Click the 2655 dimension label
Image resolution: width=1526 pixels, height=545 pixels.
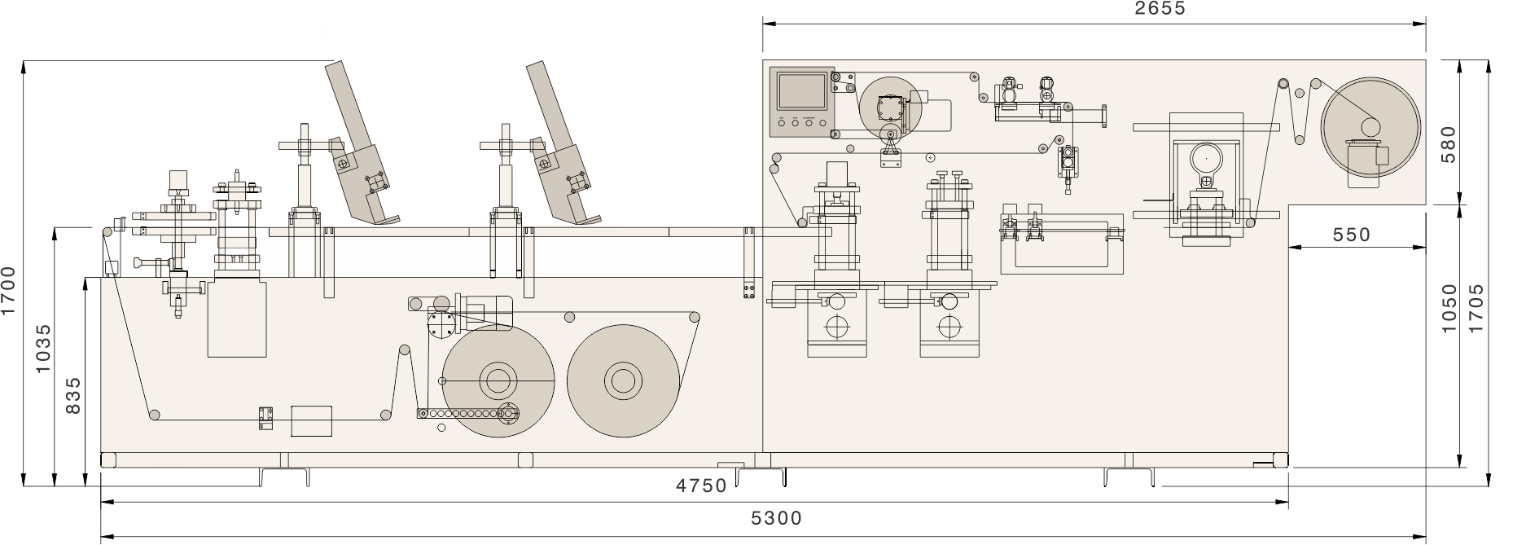point(1160,9)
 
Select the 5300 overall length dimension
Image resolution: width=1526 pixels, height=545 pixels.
point(777,518)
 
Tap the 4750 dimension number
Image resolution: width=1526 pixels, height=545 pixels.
point(701,486)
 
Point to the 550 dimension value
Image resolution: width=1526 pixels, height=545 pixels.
point(1352,235)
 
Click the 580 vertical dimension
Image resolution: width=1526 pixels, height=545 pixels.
point(1449,143)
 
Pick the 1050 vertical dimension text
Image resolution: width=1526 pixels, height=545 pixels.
point(1449,307)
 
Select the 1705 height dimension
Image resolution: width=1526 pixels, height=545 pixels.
point(1476,307)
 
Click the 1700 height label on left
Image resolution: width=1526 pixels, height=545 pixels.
point(9,291)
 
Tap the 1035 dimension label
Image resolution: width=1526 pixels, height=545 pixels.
point(44,349)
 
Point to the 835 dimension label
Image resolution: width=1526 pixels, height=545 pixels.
point(72,395)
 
